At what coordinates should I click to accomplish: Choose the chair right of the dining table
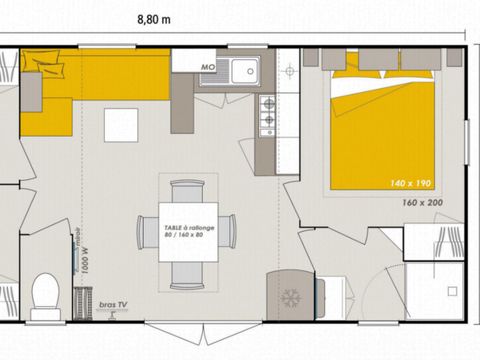(x=230, y=232)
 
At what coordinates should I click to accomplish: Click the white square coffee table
(x=121, y=124)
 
